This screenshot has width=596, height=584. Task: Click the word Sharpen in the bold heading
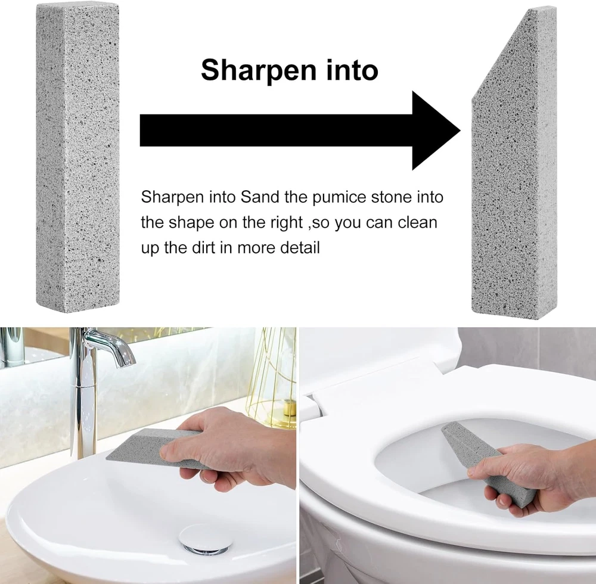coord(259,71)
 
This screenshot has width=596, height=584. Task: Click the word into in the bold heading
coord(352,70)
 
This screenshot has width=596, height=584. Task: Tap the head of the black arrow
coord(436,131)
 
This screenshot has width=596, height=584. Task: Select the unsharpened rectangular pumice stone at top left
coord(77,157)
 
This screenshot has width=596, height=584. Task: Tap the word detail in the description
coord(300,248)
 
